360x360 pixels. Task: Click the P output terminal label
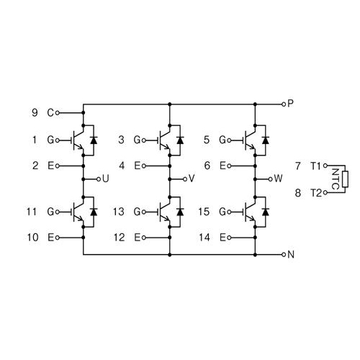tap(290, 104)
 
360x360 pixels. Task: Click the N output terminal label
tap(291, 254)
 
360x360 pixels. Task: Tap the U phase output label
tap(106, 179)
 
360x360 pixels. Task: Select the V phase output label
tap(192, 179)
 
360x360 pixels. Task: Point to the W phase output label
tap(278, 179)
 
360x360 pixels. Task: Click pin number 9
tap(35, 112)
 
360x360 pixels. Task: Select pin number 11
tap(32, 212)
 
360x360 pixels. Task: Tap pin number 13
tap(119, 212)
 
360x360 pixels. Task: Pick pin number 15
tap(204, 212)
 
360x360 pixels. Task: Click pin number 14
tap(204, 238)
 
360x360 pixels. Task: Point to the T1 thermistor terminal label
tap(315, 166)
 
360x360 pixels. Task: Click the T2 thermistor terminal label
tap(316, 193)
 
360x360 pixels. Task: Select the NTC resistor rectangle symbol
tap(345, 179)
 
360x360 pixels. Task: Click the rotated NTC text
tap(336, 179)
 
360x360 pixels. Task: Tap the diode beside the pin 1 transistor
tap(94, 140)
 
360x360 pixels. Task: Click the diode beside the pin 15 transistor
tap(265, 212)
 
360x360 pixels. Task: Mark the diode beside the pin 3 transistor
tap(180, 140)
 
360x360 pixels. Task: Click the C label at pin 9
tap(50, 112)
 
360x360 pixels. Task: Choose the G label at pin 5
tap(222, 140)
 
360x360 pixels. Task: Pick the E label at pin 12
tap(137, 238)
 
